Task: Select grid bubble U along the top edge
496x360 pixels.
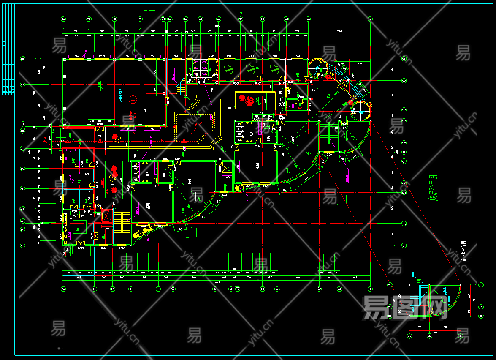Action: [140, 19]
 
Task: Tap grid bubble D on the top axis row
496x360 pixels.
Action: [308, 19]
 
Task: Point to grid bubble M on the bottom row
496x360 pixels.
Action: [215, 289]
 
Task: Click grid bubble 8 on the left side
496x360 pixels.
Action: [23, 169]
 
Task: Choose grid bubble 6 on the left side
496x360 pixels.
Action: [23, 188]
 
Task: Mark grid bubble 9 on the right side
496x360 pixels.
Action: [404, 161]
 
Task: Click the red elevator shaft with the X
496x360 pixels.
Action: [106, 216]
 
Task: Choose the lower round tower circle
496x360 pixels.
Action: [361, 111]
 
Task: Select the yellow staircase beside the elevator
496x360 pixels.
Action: [122, 222]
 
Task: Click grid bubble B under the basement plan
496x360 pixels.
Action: [430, 336]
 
